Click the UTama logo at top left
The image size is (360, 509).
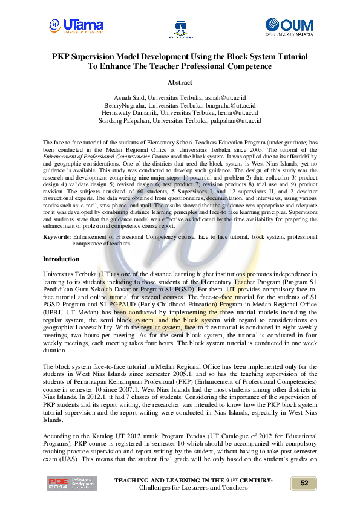click(x=76, y=25)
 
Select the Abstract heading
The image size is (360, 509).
click(x=180, y=82)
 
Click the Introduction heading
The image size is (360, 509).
click(x=61, y=259)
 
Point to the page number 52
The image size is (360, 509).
click(x=304, y=483)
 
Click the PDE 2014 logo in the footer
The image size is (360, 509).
click(x=71, y=484)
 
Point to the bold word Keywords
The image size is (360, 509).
click(x=55, y=238)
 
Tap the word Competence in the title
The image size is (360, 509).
click(x=249, y=66)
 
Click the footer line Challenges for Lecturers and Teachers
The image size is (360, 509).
click(x=193, y=487)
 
